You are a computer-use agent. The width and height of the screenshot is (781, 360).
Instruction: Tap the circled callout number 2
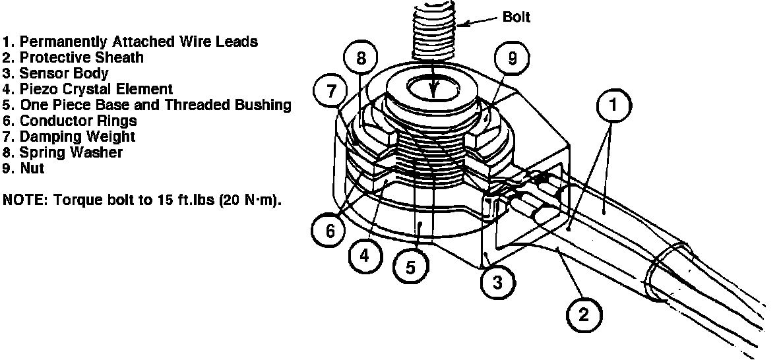click(582, 315)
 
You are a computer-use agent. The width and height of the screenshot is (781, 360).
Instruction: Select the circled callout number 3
click(497, 282)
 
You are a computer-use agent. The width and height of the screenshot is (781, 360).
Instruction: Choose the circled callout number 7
click(331, 90)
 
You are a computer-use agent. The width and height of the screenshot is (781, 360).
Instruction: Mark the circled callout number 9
click(513, 58)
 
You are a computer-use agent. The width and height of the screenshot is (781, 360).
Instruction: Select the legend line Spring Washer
click(63, 152)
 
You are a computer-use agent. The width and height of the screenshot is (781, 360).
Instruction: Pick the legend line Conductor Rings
click(70, 121)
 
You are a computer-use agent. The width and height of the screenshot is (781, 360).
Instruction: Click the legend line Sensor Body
click(55, 73)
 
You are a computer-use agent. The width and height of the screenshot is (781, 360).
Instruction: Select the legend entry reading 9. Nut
click(24, 168)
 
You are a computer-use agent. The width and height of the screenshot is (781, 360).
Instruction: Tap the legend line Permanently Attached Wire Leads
click(131, 42)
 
